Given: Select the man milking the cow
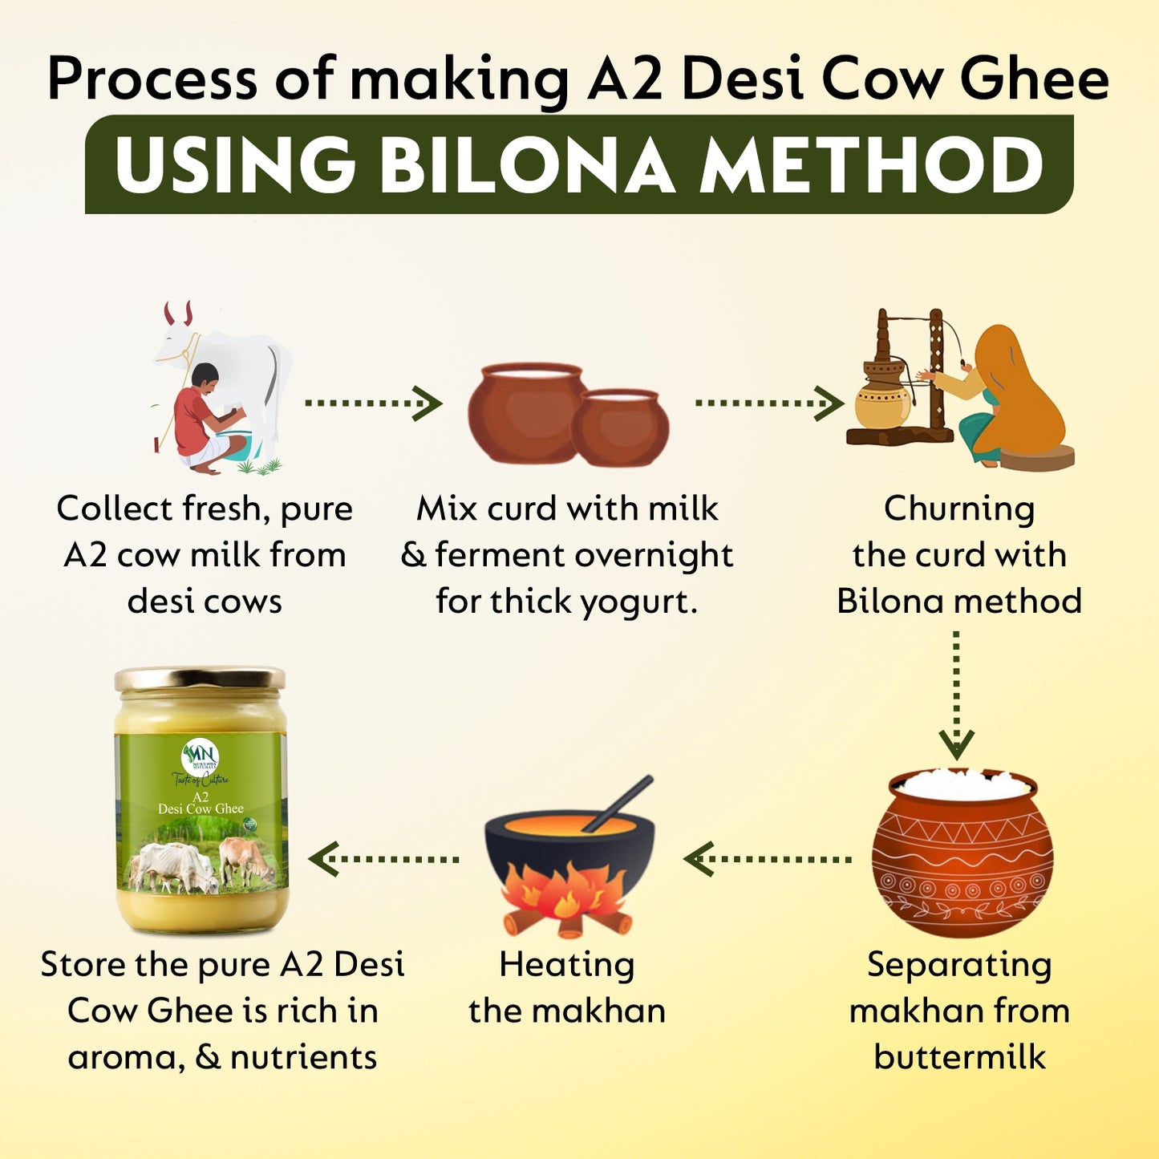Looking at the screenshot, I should coord(201,417).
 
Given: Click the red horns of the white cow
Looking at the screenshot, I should coord(178,313).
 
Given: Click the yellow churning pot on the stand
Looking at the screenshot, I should coord(883,396).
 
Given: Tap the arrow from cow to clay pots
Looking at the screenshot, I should coord(374,403).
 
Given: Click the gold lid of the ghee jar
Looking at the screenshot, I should coord(200,679).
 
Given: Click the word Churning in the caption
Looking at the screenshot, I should coord(959,509).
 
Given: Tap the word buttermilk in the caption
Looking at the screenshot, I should coord(959,1057).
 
